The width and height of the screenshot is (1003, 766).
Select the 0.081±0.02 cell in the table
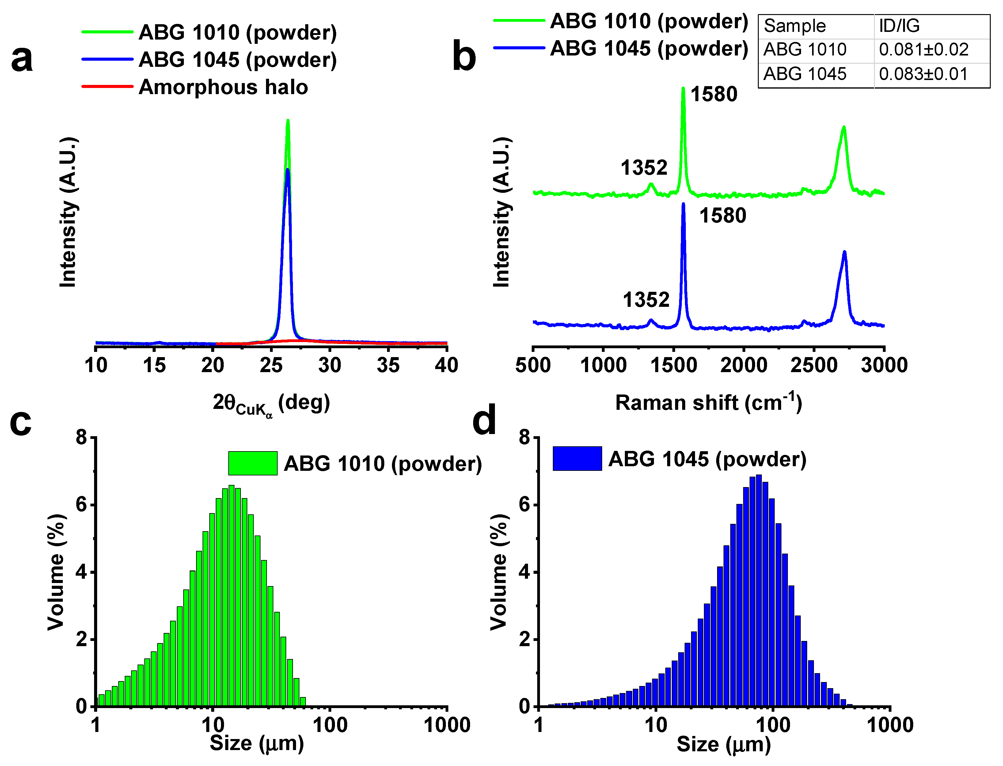(x=923, y=50)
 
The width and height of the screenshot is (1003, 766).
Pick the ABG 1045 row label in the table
(x=805, y=74)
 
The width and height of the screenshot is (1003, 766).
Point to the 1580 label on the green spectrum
(x=713, y=94)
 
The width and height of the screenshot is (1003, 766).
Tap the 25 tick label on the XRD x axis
(x=271, y=365)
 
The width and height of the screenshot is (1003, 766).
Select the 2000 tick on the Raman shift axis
(x=743, y=365)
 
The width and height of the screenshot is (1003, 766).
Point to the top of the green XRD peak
(x=288, y=121)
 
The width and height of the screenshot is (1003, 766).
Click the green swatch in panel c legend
(x=253, y=463)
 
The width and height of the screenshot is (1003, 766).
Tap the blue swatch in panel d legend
(x=577, y=458)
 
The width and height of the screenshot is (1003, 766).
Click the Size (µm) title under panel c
(x=257, y=744)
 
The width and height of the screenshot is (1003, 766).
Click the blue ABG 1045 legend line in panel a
(x=108, y=59)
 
